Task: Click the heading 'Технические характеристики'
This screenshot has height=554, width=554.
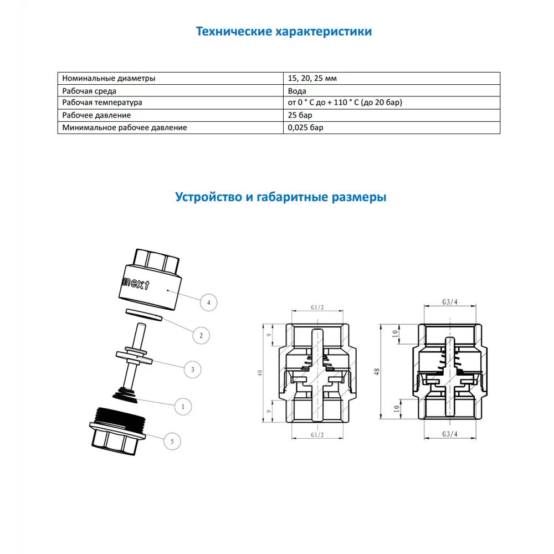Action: click(x=284, y=32)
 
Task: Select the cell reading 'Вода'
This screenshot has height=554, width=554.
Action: click(x=297, y=91)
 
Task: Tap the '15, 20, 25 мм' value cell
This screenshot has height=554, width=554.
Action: click(x=312, y=79)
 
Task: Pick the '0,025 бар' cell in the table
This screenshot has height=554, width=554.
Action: click(x=305, y=127)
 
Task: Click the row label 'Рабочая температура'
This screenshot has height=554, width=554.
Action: click(x=102, y=103)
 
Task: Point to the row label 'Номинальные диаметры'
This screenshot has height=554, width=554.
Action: click(x=109, y=79)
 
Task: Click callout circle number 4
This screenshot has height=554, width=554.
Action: click(x=208, y=302)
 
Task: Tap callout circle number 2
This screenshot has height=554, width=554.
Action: click(x=201, y=335)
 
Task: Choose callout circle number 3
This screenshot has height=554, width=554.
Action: click(x=192, y=369)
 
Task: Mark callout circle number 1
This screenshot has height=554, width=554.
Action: click(x=182, y=406)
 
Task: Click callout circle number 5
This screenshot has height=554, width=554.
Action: click(x=172, y=441)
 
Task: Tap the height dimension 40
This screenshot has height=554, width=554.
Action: click(x=260, y=373)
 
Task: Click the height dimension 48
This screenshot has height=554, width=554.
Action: click(x=377, y=372)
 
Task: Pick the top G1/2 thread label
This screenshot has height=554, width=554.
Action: click(x=318, y=308)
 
